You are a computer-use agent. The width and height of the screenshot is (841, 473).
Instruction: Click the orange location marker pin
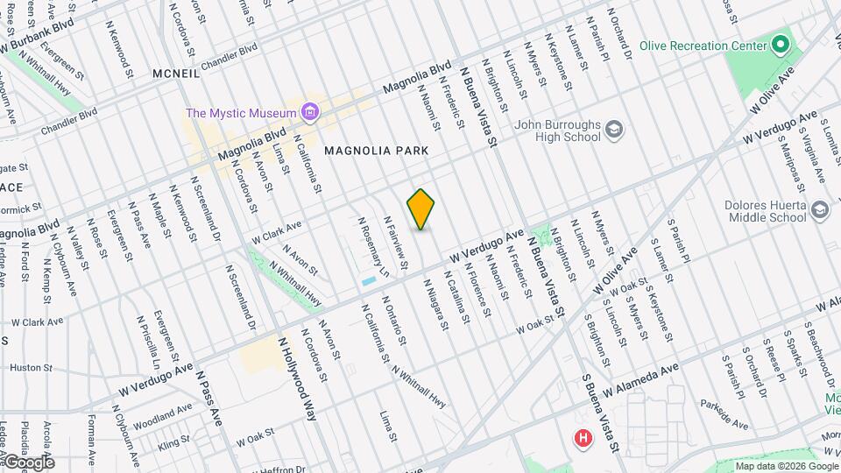pos(421,209)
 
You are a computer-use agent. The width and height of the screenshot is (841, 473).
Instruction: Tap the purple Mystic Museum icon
pos(307,112)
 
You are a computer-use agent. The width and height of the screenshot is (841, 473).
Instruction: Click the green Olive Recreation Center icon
pos(779,46)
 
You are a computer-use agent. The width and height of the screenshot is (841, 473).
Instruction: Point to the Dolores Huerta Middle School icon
pos(819,210)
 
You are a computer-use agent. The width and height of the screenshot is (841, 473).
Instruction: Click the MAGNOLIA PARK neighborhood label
pos(376,151)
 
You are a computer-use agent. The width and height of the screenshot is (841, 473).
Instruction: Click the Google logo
pos(29,462)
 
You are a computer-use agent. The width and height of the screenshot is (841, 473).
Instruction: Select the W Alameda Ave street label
pos(640,379)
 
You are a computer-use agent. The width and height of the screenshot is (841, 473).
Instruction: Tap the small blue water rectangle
pos(368,281)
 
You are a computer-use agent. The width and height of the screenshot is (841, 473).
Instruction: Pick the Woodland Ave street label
pos(165,413)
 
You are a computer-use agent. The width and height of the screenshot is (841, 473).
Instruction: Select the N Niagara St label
pos(436,304)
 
